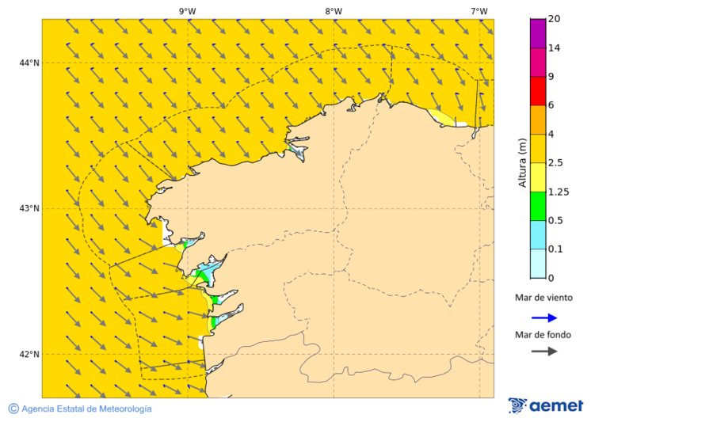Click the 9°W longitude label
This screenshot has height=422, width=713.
click(187, 11)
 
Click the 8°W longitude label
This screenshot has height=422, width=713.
click(334, 11)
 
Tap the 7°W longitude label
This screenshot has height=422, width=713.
click(479, 11)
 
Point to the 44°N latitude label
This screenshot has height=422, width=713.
click(30, 63)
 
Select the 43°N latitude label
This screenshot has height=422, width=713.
click(30, 209)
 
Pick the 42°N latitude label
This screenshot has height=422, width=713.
click(30, 355)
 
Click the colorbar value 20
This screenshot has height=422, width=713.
click(555, 19)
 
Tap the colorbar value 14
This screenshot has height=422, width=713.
click(555, 48)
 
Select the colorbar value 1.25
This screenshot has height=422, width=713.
click(559, 192)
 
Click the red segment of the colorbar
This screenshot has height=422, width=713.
click(538, 91)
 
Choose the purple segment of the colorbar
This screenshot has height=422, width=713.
click(538, 33)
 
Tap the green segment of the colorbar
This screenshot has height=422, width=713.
click(538, 206)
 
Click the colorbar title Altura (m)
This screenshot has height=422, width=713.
click(522, 162)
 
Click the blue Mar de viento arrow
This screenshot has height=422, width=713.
click(544, 317)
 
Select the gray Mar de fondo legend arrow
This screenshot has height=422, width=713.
click(544, 352)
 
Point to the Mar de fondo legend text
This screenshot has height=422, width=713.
click(543, 335)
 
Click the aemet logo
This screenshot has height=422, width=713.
click(546, 405)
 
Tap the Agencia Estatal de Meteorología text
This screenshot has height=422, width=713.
click(86, 409)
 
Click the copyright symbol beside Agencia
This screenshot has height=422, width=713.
click(13, 409)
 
